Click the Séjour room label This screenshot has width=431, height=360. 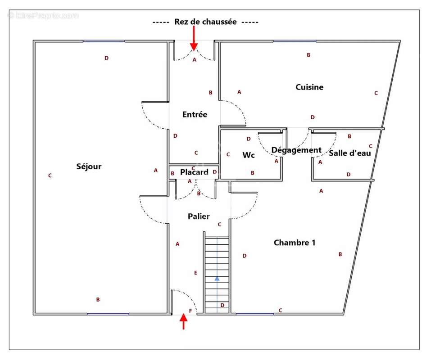pos(89,166)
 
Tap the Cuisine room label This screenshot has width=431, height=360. pos(309,87)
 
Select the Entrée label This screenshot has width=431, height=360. pos(195,114)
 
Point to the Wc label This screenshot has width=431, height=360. pos(249,155)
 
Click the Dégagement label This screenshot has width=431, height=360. pos(296,150)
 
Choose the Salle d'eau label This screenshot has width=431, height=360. pos(349,153)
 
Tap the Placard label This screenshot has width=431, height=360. pos(194,172)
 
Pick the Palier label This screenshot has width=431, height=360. pos(199,216)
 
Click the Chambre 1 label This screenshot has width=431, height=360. pos(295,243)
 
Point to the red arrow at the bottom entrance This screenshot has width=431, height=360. pos(183,321)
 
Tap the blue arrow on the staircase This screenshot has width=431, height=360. pos(217,279)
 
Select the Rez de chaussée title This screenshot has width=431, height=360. pos(205,22)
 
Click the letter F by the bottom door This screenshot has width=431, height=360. pos(190,311)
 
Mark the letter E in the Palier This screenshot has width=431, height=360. pos(195,273)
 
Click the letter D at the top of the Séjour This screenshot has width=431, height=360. pos(106,58)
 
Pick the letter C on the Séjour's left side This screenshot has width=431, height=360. pos(50,175)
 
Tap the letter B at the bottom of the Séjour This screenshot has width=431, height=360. pos(98,300)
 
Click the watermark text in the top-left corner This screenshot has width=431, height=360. pos(43,16)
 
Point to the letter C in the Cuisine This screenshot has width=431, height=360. pos(376,93)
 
